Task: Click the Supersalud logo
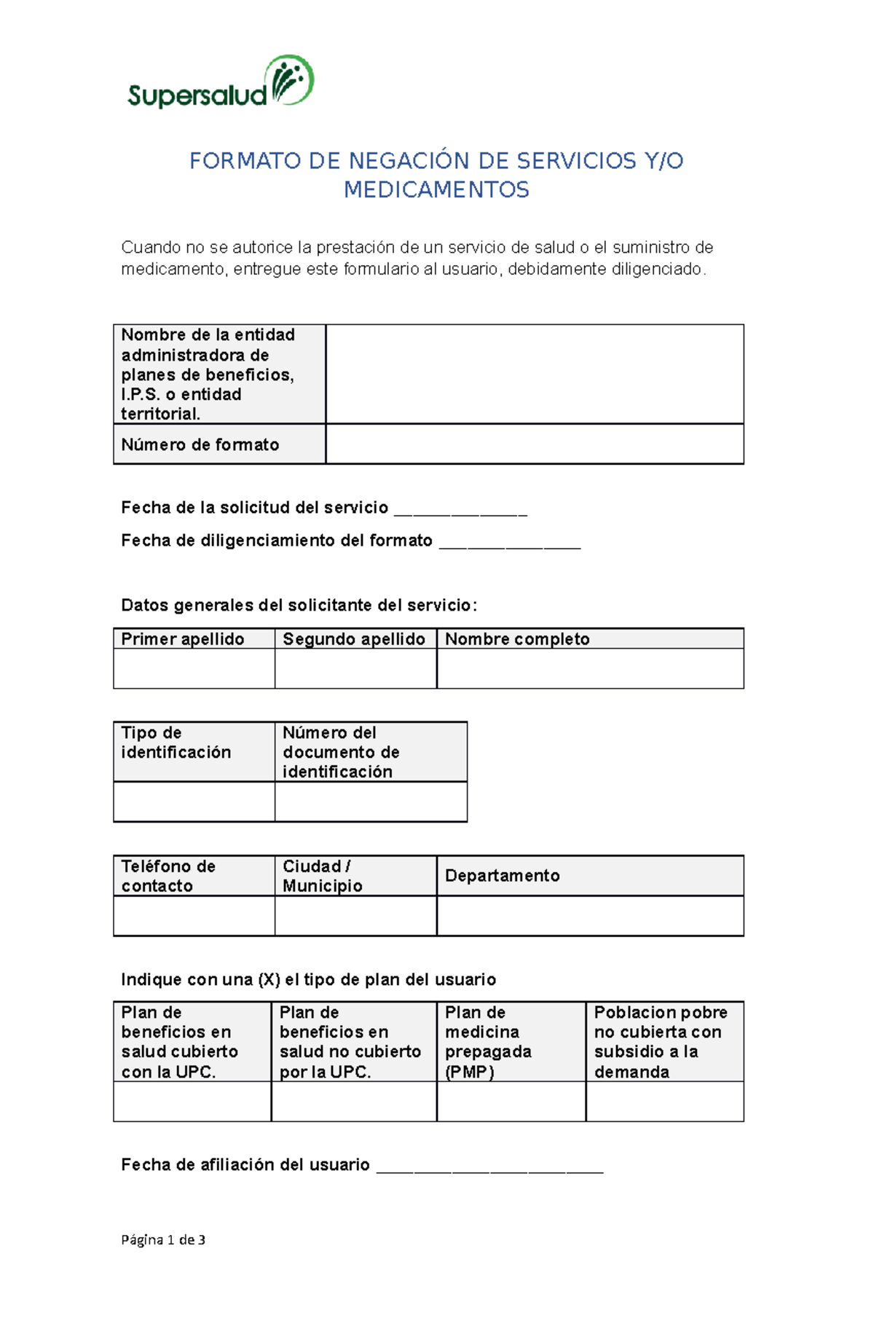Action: click(220, 82)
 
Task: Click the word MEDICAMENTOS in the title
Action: click(436, 190)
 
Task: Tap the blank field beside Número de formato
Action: click(534, 444)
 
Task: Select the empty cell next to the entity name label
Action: click(534, 374)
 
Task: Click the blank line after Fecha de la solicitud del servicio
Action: click(460, 510)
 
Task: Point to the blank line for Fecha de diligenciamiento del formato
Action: click(510, 543)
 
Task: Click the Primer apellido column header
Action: click(183, 639)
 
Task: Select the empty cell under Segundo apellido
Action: click(355, 668)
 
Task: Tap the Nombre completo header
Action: click(517, 639)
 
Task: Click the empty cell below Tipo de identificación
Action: click(194, 801)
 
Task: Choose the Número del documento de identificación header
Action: click(341, 752)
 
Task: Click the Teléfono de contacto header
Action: click(168, 876)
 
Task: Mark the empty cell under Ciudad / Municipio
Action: click(355, 915)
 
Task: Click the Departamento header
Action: click(503, 876)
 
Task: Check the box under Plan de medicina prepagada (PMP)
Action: click(511, 1101)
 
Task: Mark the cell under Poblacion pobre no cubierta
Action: click(664, 1101)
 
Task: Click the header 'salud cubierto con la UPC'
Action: click(179, 1042)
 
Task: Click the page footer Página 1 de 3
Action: click(163, 1239)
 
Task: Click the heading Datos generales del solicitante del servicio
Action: click(299, 605)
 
